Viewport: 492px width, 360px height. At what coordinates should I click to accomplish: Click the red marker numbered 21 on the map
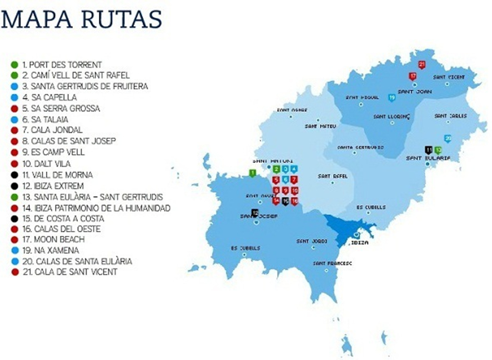[421, 65]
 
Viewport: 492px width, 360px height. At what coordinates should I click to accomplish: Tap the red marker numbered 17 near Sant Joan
[413, 76]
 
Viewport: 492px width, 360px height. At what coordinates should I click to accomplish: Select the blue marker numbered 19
[391, 98]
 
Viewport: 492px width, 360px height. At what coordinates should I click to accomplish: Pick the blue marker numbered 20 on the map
[448, 138]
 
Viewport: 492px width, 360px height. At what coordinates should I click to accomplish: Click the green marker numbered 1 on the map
[253, 173]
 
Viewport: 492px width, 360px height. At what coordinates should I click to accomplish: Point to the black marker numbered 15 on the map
[285, 201]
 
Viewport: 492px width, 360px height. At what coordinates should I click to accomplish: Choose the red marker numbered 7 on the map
[294, 179]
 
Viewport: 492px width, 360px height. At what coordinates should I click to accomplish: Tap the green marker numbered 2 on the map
[277, 169]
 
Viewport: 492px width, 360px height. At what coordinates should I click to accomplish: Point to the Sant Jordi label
[312, 241]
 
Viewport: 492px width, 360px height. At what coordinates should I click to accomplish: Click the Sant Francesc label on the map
[332, 263]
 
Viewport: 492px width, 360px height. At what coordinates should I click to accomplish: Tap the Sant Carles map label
[450, 116]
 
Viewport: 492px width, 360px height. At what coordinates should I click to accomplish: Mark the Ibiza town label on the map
[360, 243]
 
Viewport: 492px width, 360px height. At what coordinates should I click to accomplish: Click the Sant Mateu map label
[320, 126]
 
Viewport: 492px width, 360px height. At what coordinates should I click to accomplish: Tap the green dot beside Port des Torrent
[14, 64]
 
